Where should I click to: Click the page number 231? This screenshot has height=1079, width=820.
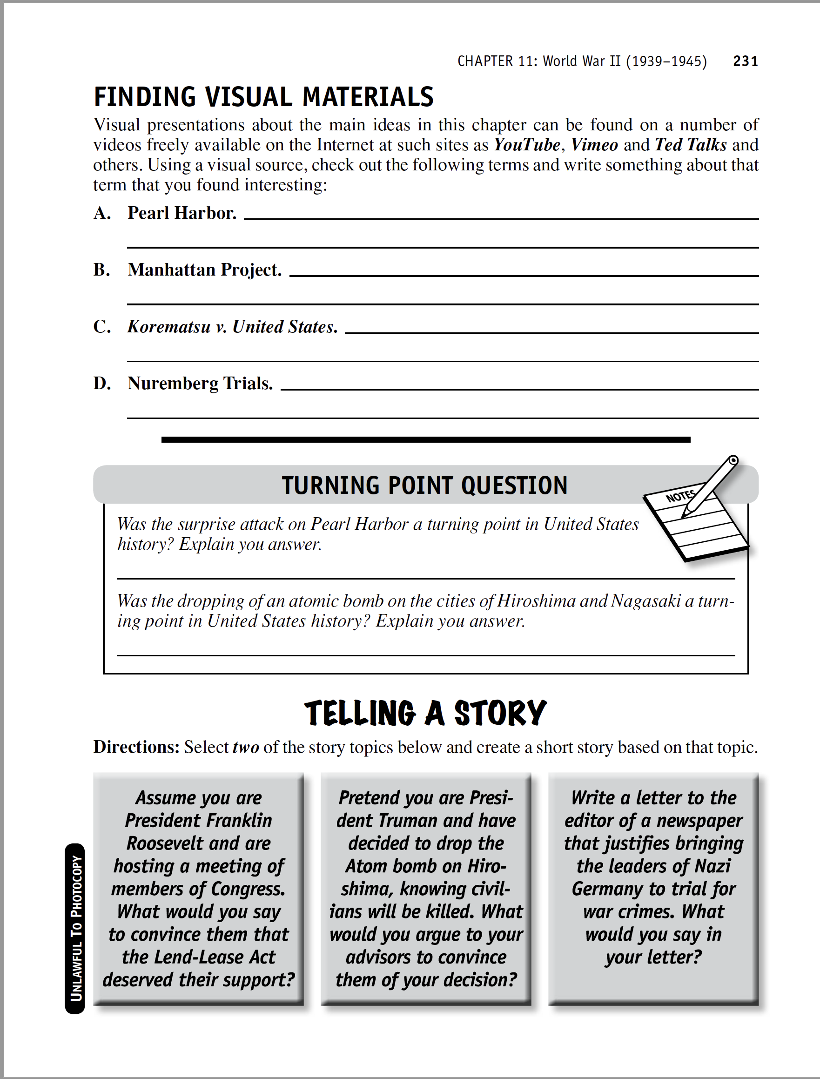(x=746, y=61)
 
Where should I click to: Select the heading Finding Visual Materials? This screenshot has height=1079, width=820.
(x=263, y=97)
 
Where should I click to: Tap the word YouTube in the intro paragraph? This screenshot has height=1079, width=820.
(x=527, y=145)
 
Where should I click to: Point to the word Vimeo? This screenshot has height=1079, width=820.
(x=594, y=145)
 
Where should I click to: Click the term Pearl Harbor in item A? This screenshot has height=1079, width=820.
(x=182, y=213)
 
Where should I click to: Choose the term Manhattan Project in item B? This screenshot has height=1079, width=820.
(x=204, y=270)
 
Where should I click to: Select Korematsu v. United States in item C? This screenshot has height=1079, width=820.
(x=232, y=327)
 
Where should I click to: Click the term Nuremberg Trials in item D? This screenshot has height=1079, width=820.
(x=200, y=384)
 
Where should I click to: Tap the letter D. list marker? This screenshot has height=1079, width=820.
(x=102, y=384)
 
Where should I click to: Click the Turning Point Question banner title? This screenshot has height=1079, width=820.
(x=424, y=486)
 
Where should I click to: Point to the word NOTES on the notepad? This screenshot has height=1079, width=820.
(x=680, y=496)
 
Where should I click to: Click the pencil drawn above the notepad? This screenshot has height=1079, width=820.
(x=712, y=486)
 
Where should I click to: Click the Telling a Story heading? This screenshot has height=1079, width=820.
(x=424, y=713)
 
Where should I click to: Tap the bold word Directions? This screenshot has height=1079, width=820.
(x=136, y=748)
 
